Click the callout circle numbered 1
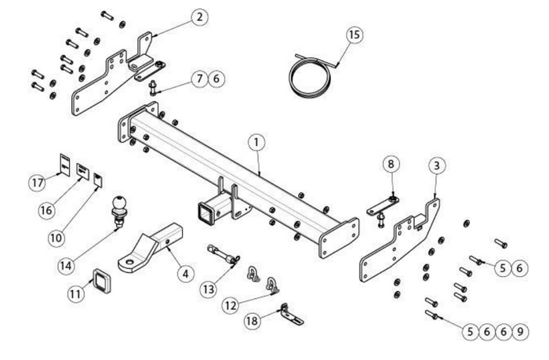pos(256,144)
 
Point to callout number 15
pos(355,35)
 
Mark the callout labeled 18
pos(252,321)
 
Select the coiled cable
pos(311,71)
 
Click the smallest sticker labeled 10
pos(97,180)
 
